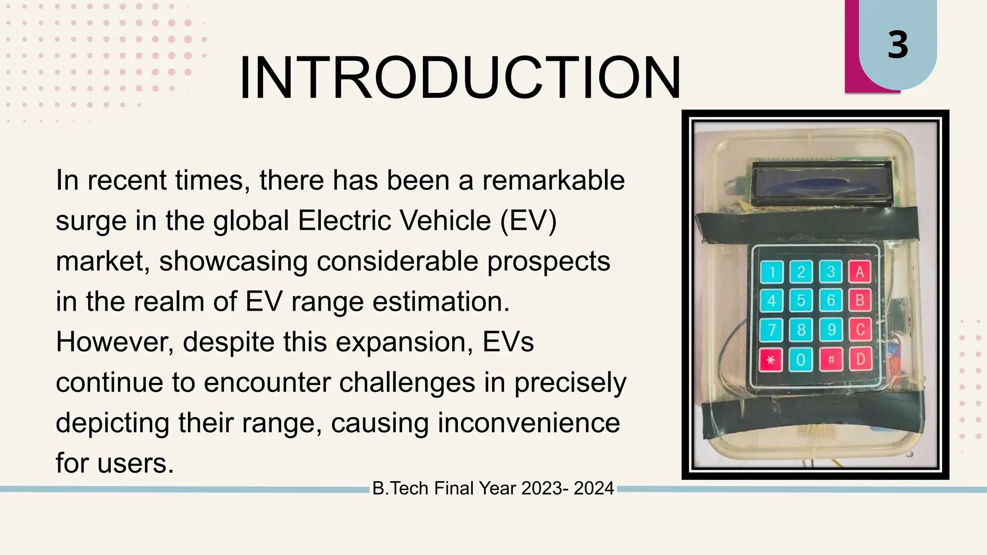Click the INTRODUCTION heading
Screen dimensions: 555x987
click(x=460, y=78)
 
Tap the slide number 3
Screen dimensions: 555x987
click(x=898, y=45)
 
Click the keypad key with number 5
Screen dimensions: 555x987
click(x=801, y=301)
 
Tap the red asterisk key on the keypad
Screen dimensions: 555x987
click(x=771, y=359)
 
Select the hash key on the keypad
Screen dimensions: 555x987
click(x=831, y=359)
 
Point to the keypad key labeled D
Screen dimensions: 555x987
click(x=860, y=359)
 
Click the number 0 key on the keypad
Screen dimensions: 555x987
click(x=801, y=359)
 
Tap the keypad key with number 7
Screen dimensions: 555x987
click(x=772, y=330)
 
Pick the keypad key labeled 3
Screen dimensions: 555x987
click(x=830, y=272)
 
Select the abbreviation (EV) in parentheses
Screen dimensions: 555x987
click(x=528, y=221)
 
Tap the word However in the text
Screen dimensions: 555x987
click(x=115, y=342)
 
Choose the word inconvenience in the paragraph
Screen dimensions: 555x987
click(x=528, y=423)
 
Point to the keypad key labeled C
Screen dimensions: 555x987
click(x=860, y=330)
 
